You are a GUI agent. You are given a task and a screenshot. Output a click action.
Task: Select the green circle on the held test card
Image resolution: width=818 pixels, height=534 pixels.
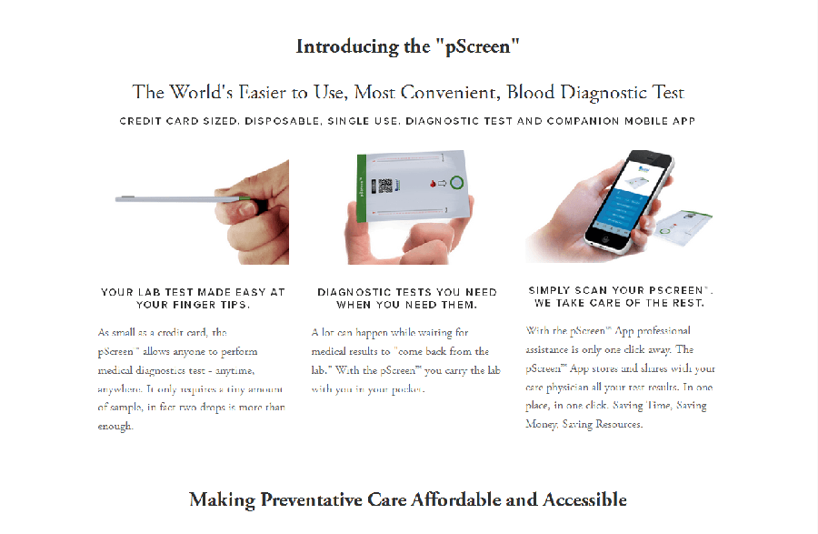(x=455, y=183)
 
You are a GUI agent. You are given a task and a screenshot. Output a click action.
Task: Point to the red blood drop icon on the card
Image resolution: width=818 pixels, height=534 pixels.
(x=432, y=184)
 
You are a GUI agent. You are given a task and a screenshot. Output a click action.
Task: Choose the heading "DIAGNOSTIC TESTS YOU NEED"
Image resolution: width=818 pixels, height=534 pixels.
(x=407, y=293)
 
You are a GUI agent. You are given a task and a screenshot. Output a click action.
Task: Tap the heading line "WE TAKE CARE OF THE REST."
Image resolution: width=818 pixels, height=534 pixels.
(x=620, y=302)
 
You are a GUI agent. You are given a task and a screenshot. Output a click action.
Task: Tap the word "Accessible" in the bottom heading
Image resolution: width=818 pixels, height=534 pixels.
(x=584, y=499)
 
